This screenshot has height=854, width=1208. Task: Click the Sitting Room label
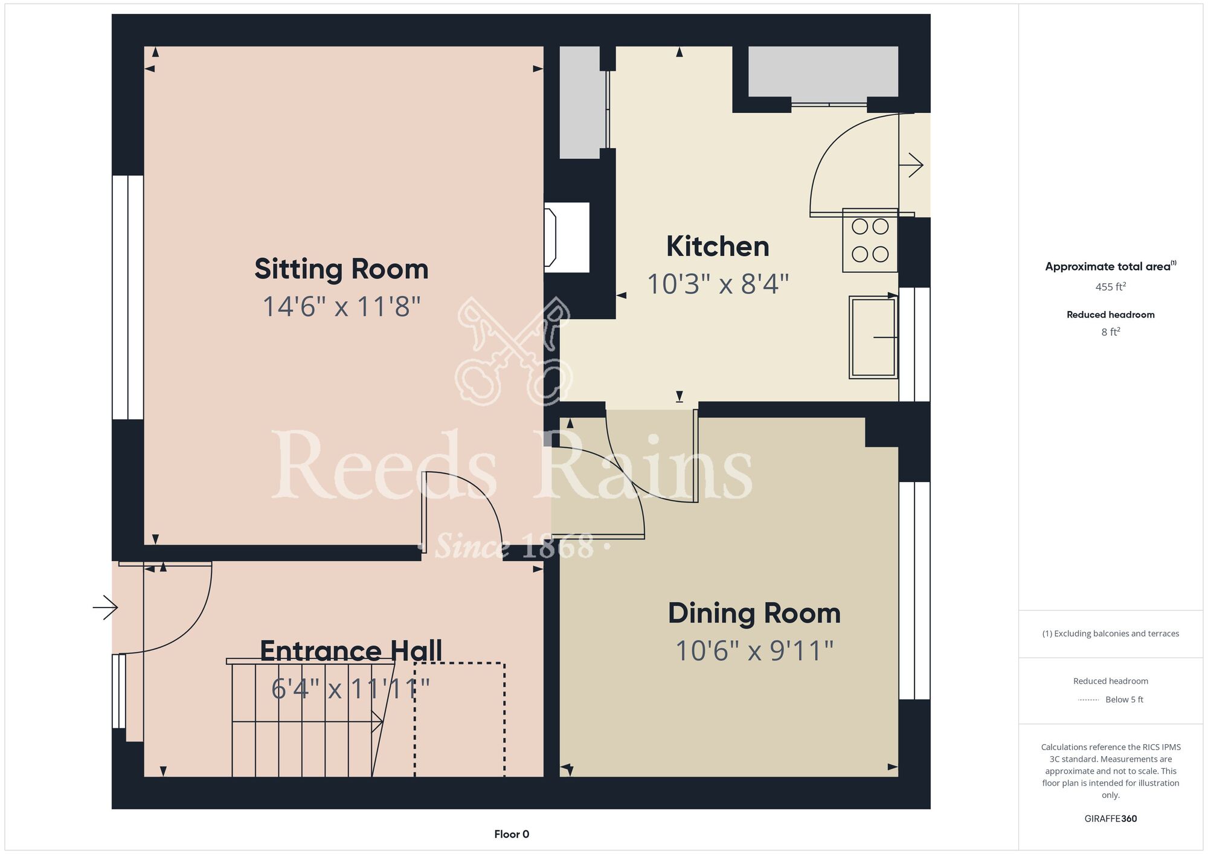point(341,269)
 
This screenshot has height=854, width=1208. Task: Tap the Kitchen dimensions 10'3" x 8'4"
point(718,284)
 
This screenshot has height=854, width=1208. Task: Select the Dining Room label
point(754,613)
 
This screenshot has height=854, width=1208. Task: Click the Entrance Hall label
point(351,651)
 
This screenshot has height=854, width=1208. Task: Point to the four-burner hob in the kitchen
point(870,240)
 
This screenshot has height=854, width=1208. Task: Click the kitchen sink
point(873,337)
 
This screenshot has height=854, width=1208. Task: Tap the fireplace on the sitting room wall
point(567,237)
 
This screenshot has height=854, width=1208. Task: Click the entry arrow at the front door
point(105,607)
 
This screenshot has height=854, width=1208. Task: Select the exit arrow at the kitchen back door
point(911,165)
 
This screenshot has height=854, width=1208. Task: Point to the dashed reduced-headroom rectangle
point(460,719)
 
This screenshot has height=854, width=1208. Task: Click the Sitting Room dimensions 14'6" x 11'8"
point(341,307)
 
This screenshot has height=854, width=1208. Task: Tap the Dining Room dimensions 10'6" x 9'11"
point(754,651)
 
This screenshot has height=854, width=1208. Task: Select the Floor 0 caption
point(512,834)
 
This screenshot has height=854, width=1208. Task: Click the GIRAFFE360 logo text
point(1111,819)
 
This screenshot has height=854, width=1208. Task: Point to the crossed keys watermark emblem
point(513,350)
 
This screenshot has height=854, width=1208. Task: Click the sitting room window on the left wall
point(127,297)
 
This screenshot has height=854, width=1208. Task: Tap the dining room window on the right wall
point(914,591)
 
